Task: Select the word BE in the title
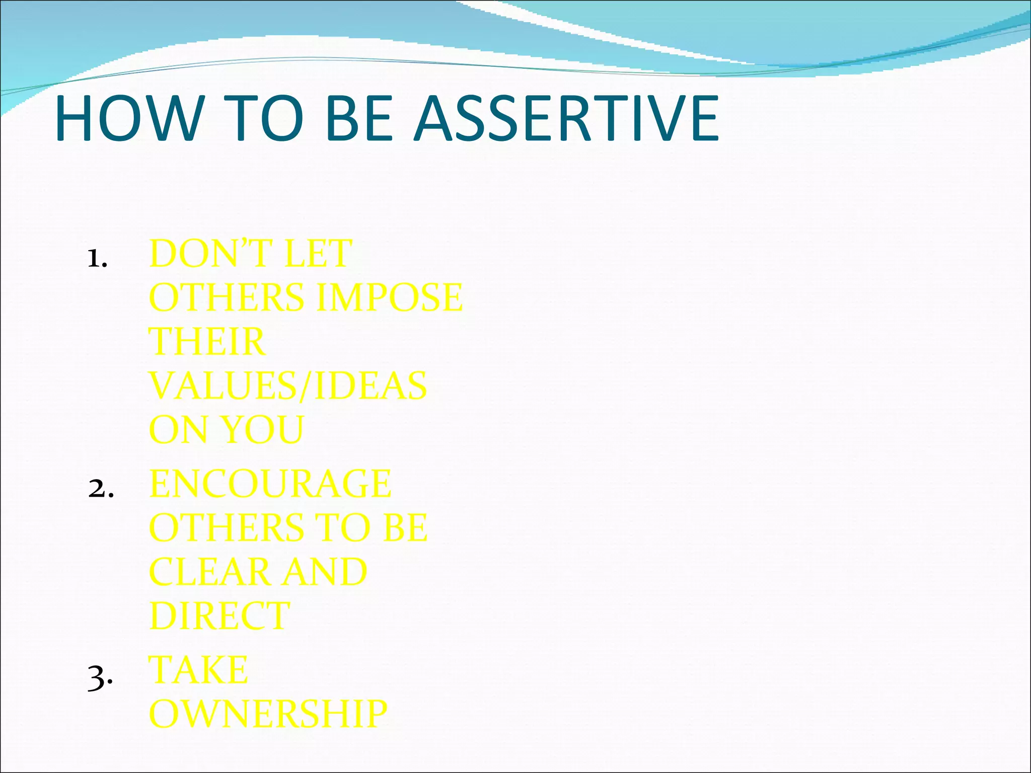[x=358, y=119]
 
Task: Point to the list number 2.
[x=100, y=489]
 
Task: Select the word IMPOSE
[x=389, y=297]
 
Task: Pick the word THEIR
[x=207, y=342]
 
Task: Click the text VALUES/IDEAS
[x=288, y=386]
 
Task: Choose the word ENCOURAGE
[x=270, y=484]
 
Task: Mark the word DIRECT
[x=219, y=616]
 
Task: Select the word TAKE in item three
[x=198, y=670]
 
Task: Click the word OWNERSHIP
[x=268, y=714]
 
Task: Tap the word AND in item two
[x=324, y=572]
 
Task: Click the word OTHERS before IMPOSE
[x=227, y=297]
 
